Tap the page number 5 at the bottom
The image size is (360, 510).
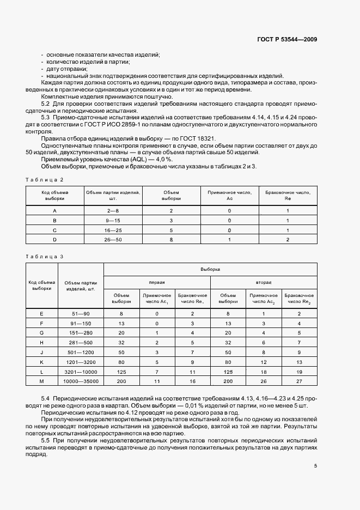coord(315,466)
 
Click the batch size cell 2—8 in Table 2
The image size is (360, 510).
coord(113,210)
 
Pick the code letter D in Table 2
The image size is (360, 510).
coord(54,239)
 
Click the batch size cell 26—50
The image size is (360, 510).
coord(113,239)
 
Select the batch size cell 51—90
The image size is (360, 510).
coord(81,314)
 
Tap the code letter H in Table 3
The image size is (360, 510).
coord(42,342)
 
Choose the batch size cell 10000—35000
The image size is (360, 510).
coord(81,380)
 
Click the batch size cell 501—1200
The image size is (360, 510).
coord(81,352)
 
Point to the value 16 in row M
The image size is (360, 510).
coord(192,380)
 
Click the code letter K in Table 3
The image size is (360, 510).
coord(42,361)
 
